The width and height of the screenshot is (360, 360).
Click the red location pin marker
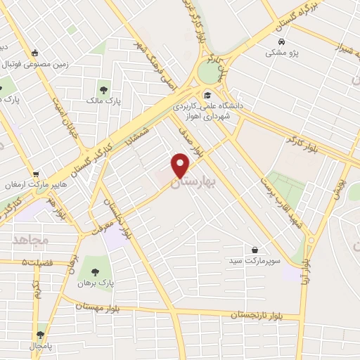pos(181,165)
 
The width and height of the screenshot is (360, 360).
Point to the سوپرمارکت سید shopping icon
pos(254,250)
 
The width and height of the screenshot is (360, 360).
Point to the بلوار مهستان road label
pos(101,307)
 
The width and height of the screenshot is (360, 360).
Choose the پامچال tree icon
pos(39,335)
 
